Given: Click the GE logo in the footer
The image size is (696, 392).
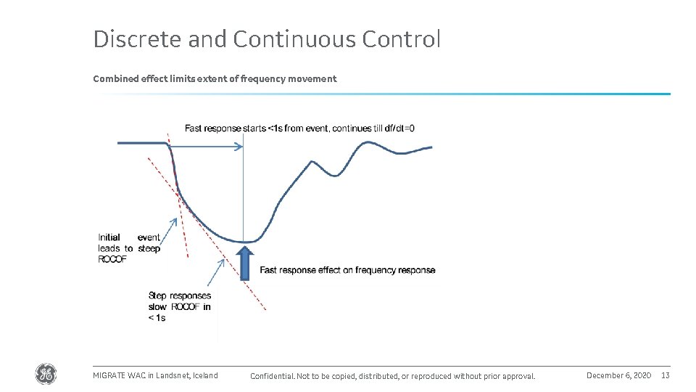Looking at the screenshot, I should (45, 375).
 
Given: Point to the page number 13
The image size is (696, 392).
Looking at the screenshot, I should (665, 375).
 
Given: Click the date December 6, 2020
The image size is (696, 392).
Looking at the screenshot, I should (618, 375).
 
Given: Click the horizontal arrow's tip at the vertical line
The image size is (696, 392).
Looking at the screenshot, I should (241, 147).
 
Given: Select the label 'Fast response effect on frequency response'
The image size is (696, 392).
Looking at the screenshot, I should (347, 270).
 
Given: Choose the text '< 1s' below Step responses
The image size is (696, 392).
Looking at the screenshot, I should (157, 318).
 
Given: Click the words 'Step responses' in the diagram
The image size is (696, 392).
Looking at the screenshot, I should (179, 295).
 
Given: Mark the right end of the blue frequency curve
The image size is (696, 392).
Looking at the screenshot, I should (431, 147).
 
